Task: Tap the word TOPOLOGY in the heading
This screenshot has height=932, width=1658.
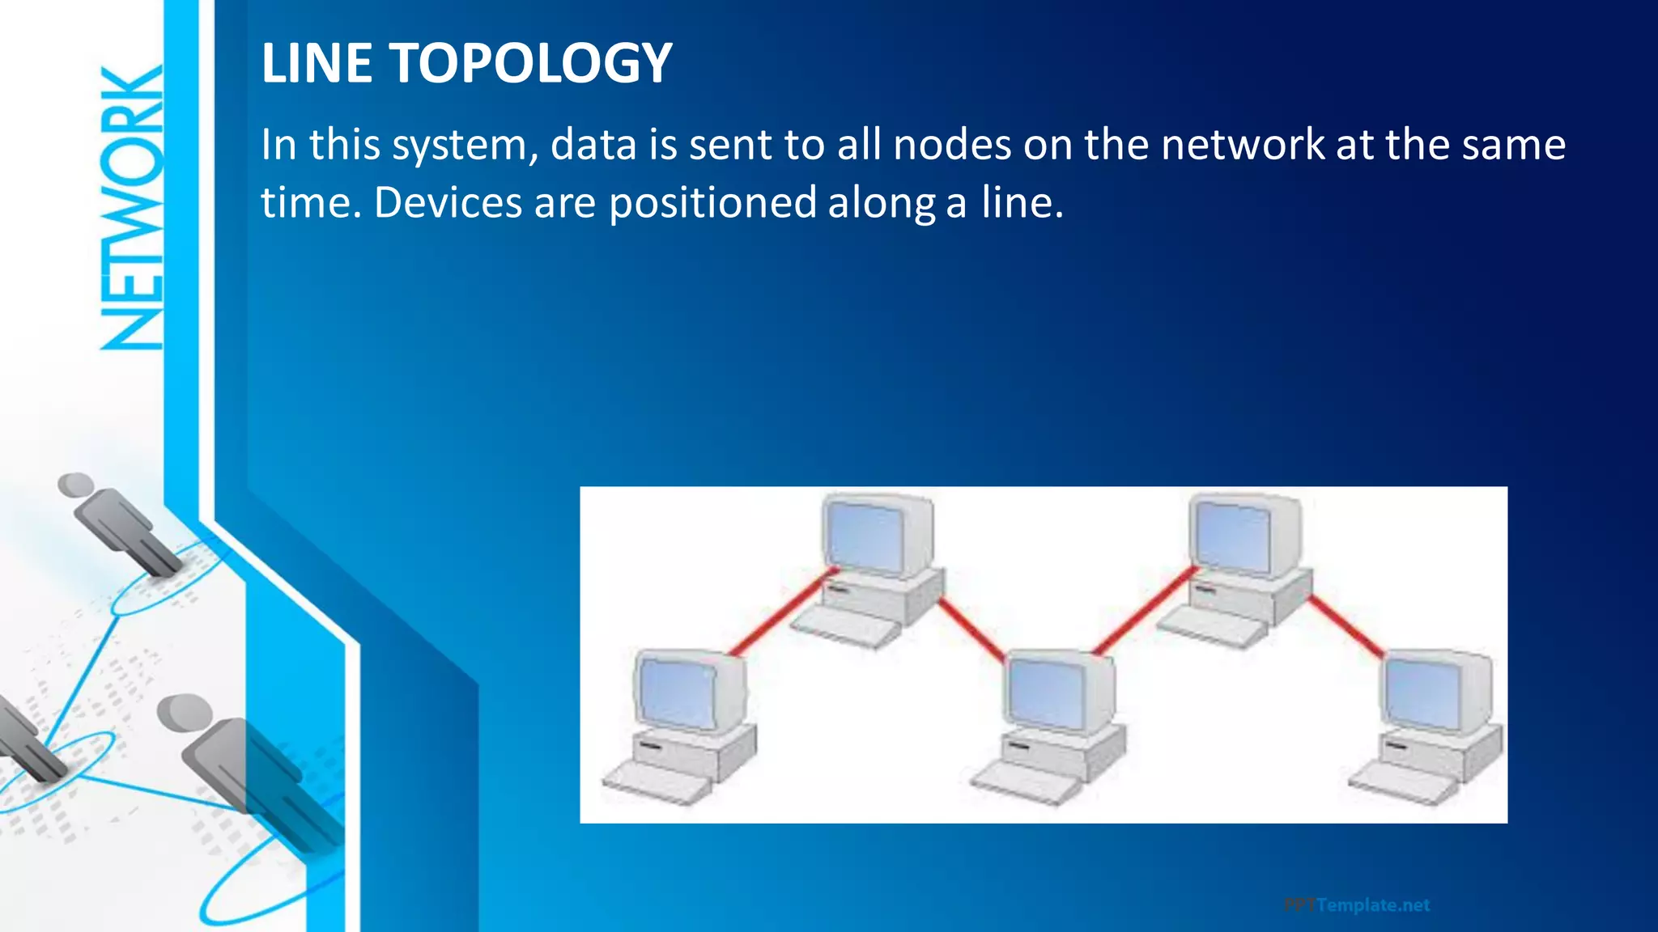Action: [531, 63]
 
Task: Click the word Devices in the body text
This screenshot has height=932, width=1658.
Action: [448, 202]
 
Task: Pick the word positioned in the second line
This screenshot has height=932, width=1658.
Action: [712, 204]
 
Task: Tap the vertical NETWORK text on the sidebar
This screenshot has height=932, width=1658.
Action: [132, 208]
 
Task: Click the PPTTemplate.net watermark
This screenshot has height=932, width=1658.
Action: [1357, 904]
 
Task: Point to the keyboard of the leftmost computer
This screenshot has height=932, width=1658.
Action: [656, 782]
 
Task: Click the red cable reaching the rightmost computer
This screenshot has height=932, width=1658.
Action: [1346, 625]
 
